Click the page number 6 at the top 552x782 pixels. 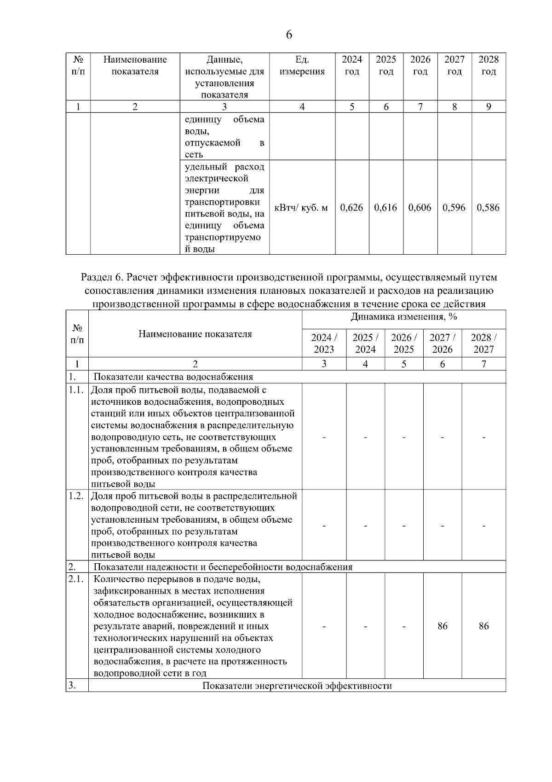point(289,35)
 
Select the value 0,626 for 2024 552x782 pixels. point(351,208)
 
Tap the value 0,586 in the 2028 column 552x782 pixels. point(488,208)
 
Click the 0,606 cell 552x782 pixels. point(420,208)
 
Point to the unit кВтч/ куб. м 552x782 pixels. point(301,208)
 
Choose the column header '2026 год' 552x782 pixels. point(420,65)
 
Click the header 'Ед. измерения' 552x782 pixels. point(302,65)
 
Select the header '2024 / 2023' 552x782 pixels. point(324,343)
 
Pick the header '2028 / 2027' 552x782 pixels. point(483,343)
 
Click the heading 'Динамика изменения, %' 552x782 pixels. point(403,317)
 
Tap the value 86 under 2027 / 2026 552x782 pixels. point(442,626)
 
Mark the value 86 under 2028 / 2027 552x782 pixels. point(483,626)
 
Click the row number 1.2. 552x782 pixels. point(76,496)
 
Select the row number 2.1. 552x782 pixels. point(76,579)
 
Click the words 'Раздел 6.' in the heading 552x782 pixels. point(102,278)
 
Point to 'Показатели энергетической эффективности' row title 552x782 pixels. point(297,686)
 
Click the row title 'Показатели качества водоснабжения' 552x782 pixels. point(173,377)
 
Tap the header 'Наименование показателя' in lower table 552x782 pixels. point(195,334)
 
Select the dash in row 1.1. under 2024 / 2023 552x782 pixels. point(324,437)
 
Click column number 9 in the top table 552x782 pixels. point(488,107)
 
